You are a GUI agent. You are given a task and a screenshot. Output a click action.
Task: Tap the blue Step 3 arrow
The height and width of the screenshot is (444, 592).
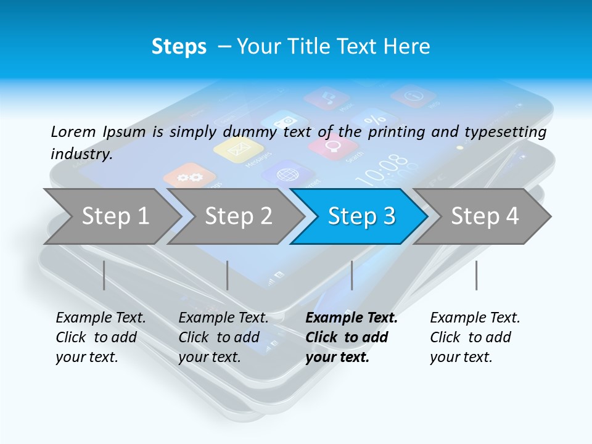click(361, 216)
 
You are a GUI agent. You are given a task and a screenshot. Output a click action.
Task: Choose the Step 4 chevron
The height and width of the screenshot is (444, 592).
click(484, 216)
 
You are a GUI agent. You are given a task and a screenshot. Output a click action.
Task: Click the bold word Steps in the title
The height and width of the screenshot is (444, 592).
click(179, 47)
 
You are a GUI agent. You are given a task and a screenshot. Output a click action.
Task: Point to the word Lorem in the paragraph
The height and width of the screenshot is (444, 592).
click(73, 131)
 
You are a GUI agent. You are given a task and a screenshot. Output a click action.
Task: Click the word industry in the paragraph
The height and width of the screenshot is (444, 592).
click(81, 154)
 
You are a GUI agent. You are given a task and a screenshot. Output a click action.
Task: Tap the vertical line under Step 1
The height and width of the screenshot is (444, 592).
click(104, 275)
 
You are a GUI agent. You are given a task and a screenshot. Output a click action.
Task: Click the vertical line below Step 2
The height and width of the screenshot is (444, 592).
click(228, 275)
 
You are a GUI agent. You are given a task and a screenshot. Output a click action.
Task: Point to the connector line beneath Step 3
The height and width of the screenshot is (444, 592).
click(352, 275)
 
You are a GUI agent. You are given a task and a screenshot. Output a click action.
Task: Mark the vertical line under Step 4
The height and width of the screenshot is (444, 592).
click(476, 275)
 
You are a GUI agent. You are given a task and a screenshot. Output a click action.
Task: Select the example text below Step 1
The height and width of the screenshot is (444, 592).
click(100, 337)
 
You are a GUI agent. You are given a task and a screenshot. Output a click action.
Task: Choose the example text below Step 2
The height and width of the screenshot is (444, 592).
click(223, 337)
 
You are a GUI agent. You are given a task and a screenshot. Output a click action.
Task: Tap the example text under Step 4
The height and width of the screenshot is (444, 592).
click(474, 337)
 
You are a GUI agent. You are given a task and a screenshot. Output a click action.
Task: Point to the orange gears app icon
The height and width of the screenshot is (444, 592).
click(189, 177)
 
